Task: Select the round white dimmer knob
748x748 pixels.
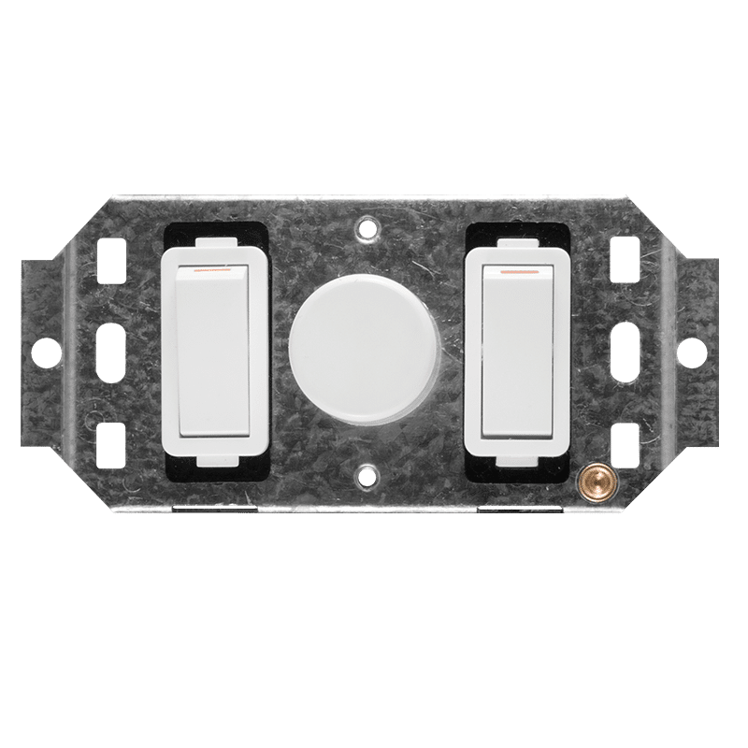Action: coord(366,342)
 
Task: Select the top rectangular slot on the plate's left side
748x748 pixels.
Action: coord(117,253)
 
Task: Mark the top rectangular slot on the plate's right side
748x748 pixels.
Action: coord(620,253)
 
